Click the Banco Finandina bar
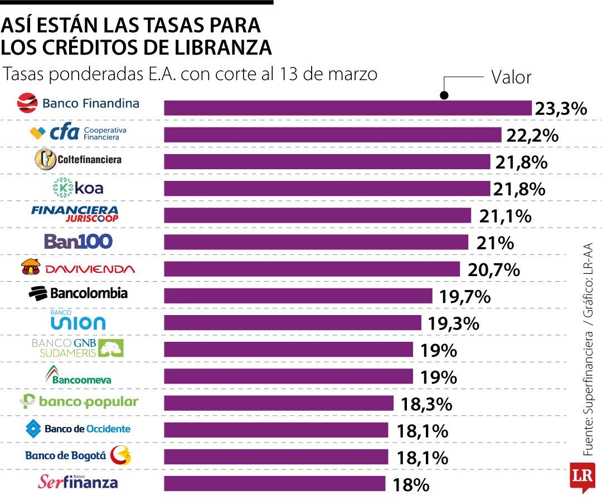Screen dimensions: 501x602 coord(347,108)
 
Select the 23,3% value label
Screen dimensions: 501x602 coord(560,109)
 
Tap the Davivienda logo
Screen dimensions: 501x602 coord(78,268)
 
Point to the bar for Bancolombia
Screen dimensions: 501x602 coord(298,296)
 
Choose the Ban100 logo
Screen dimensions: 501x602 coord(78,242)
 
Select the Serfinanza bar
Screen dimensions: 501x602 coord(274,483)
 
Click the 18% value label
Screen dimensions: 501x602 coord(411,484)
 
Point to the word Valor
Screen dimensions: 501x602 coord(511,77)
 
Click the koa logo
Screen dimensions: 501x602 coord(78,188)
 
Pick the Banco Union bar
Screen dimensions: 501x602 coord(292,323)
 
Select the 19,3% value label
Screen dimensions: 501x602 coord(453,323)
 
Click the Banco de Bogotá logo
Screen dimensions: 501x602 coord(78,456)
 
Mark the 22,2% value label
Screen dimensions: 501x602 coord(532,135)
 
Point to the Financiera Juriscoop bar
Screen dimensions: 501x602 coord(317,215)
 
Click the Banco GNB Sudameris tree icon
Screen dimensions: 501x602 coord(111,348)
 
